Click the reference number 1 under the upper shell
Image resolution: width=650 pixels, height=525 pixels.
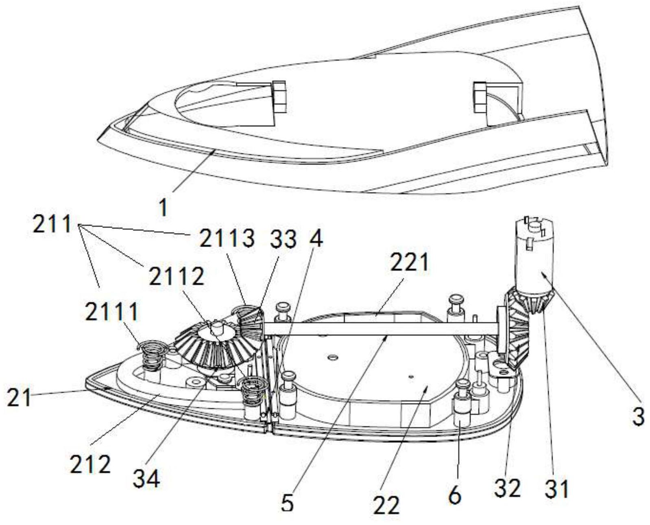tap(164, 207)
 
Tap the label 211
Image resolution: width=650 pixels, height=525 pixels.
tap(52, 224)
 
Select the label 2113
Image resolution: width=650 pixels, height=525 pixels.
tap(227, 238)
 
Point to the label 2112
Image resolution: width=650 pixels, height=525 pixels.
tap(177, 277)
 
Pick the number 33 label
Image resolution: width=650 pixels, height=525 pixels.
tap(283, 238)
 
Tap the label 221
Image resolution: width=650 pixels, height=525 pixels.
tap(409, 263)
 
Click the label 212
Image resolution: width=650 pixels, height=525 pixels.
tap(90, 464)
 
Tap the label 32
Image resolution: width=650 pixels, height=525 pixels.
tap(508, 488)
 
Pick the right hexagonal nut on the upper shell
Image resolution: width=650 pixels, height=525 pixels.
tap(480, 98)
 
